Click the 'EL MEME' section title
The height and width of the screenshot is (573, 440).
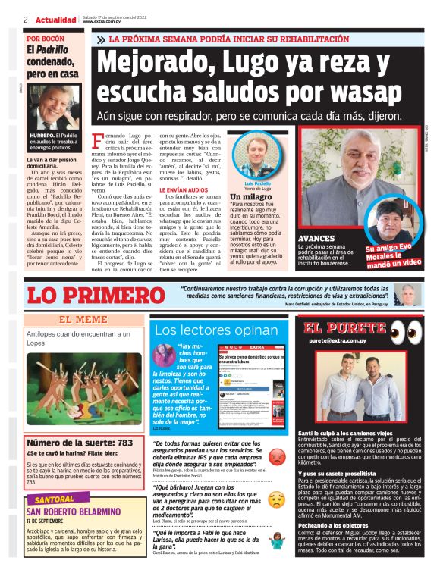click(83, 319)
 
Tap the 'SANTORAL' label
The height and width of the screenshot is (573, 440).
click(55, 499)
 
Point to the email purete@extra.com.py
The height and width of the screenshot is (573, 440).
click(341, 341)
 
